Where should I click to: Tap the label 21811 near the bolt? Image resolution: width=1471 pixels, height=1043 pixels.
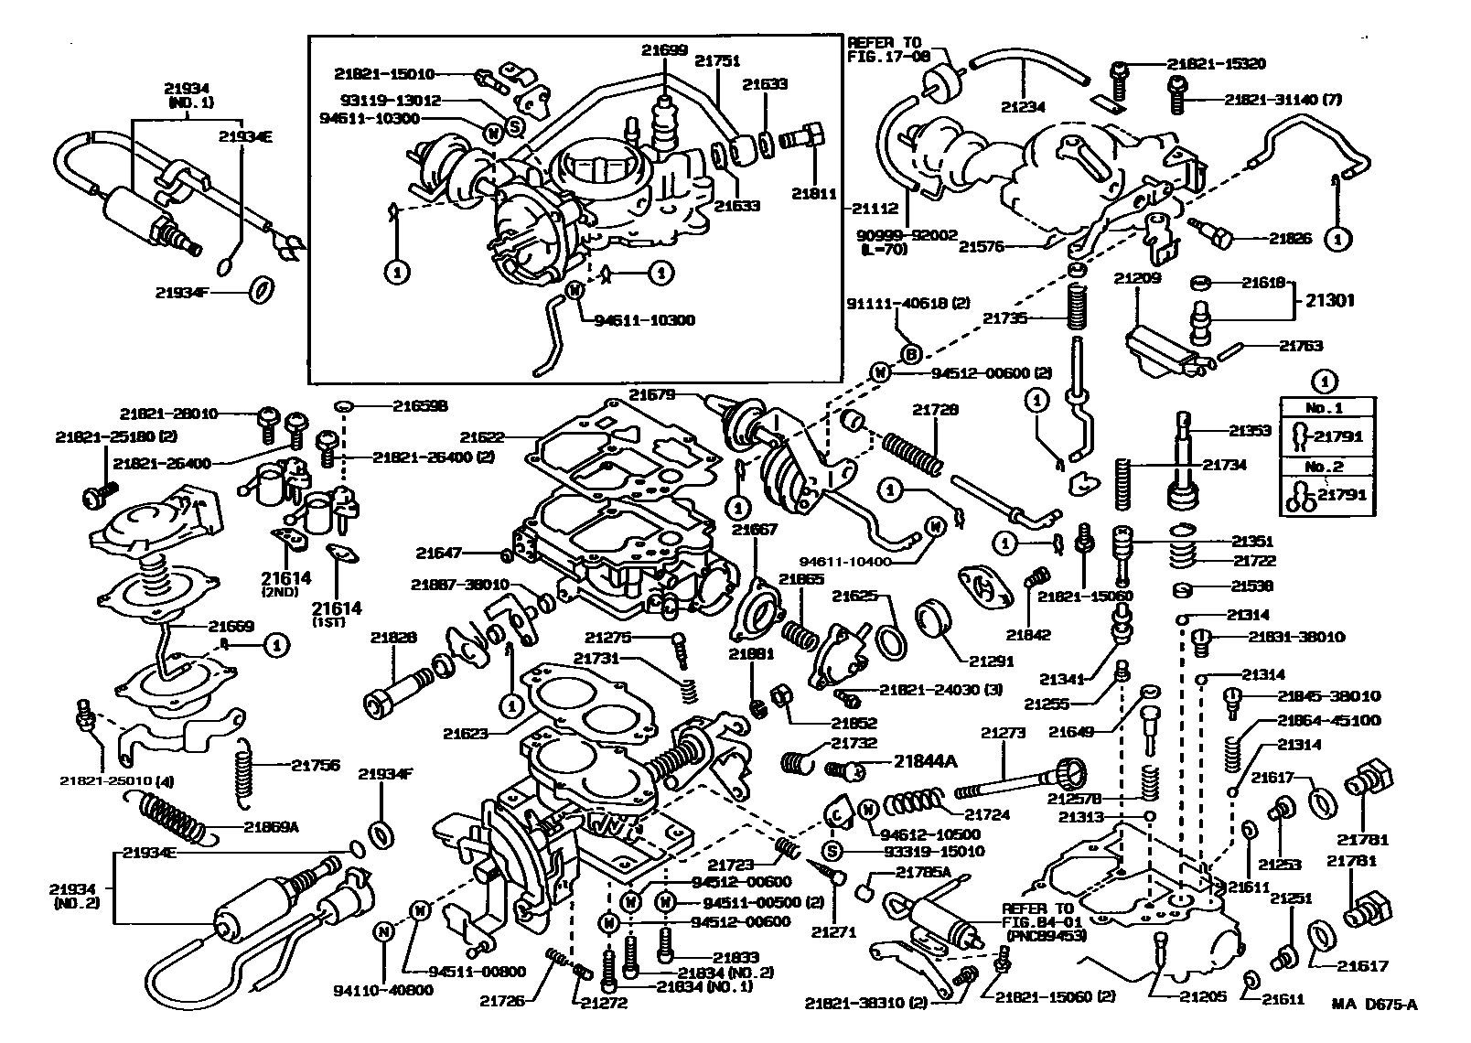811,193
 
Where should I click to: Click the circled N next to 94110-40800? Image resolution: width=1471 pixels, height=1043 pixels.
383,930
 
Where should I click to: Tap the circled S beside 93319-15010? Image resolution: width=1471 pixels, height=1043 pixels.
832,852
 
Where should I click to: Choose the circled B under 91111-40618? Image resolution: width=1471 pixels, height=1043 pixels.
910,354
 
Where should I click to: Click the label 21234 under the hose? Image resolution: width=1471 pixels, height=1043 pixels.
1023,106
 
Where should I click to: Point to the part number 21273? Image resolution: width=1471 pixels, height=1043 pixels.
1004,732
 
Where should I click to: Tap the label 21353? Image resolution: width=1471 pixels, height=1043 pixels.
1251,429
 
